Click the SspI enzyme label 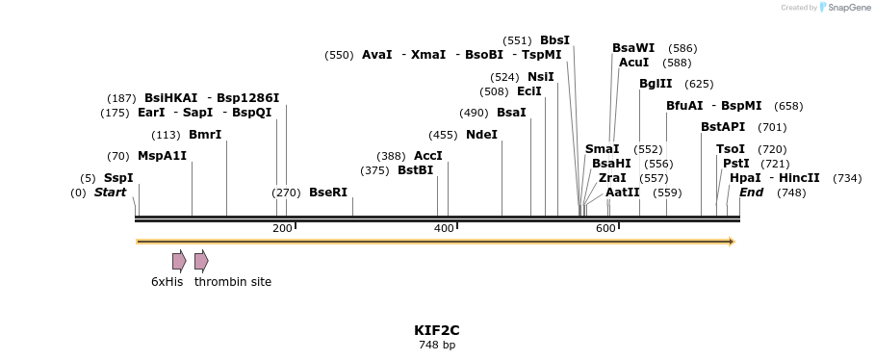tap(118, 178)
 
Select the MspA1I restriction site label tap(162, 156)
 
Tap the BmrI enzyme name tap(205, 135)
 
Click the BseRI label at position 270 tap(327, 193)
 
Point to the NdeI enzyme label tap(481, 135)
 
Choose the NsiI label tap(540, 77)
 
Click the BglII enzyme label tap(656, 84)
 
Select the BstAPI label tap(723, 127)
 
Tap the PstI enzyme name tap(735, 164)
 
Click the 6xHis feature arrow tap(179, 261)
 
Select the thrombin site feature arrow tap(201, 261)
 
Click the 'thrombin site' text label tap(233, 282)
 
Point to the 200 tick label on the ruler tap(282, 229)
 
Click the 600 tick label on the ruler tap(605, 229)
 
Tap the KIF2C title tap(437, 330)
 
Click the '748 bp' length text tap(437, 345)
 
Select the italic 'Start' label tap(110, 193)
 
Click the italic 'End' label tap(751, 193)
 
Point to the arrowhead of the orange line tap(732, 242)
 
